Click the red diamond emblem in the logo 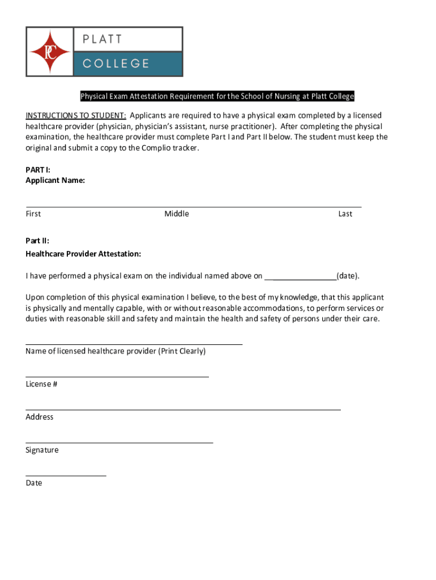[50, 52]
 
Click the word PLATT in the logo [102, 40]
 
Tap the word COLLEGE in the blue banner [116, 63]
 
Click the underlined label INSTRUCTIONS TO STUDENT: [76, 116]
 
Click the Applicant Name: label [55, 180]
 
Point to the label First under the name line [33, 214]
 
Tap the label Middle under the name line [177, 214]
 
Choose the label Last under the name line [345, 214]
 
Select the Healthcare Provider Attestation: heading [83, 254]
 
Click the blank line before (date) [301, 278]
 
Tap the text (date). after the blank [348, 276]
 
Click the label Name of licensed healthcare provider [116, 351]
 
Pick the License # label [41, 384]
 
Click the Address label [40, 417]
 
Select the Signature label [42, 450]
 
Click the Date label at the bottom [34, 483]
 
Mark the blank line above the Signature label [119, 441]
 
